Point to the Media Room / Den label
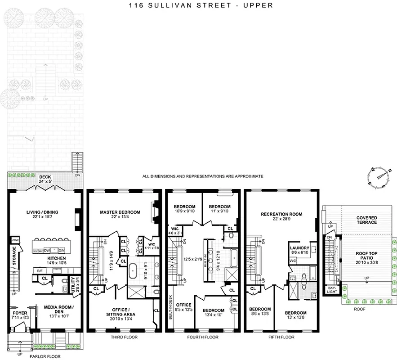coord(58,310)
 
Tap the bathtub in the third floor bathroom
coord(133,271)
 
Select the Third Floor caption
coord(124,337)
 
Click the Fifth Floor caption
coord(281,337)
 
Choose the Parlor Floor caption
coord(45,356)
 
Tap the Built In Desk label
coord(170,306)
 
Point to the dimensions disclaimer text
coord(202,176)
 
